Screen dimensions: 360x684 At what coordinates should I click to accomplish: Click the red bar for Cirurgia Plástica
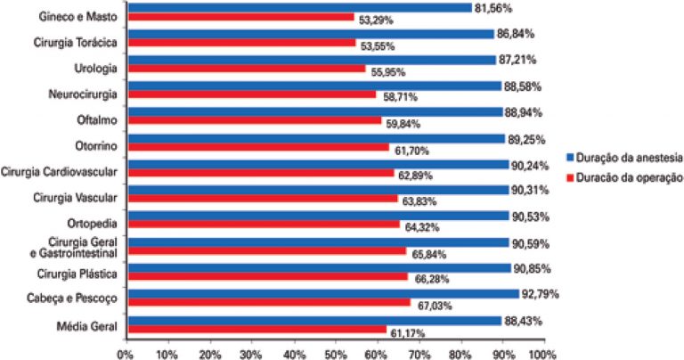tap(267, 276)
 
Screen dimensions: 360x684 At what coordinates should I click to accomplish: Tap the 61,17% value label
tap(407, 333)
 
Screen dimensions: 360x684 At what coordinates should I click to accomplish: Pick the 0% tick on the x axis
tap(126, 353)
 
